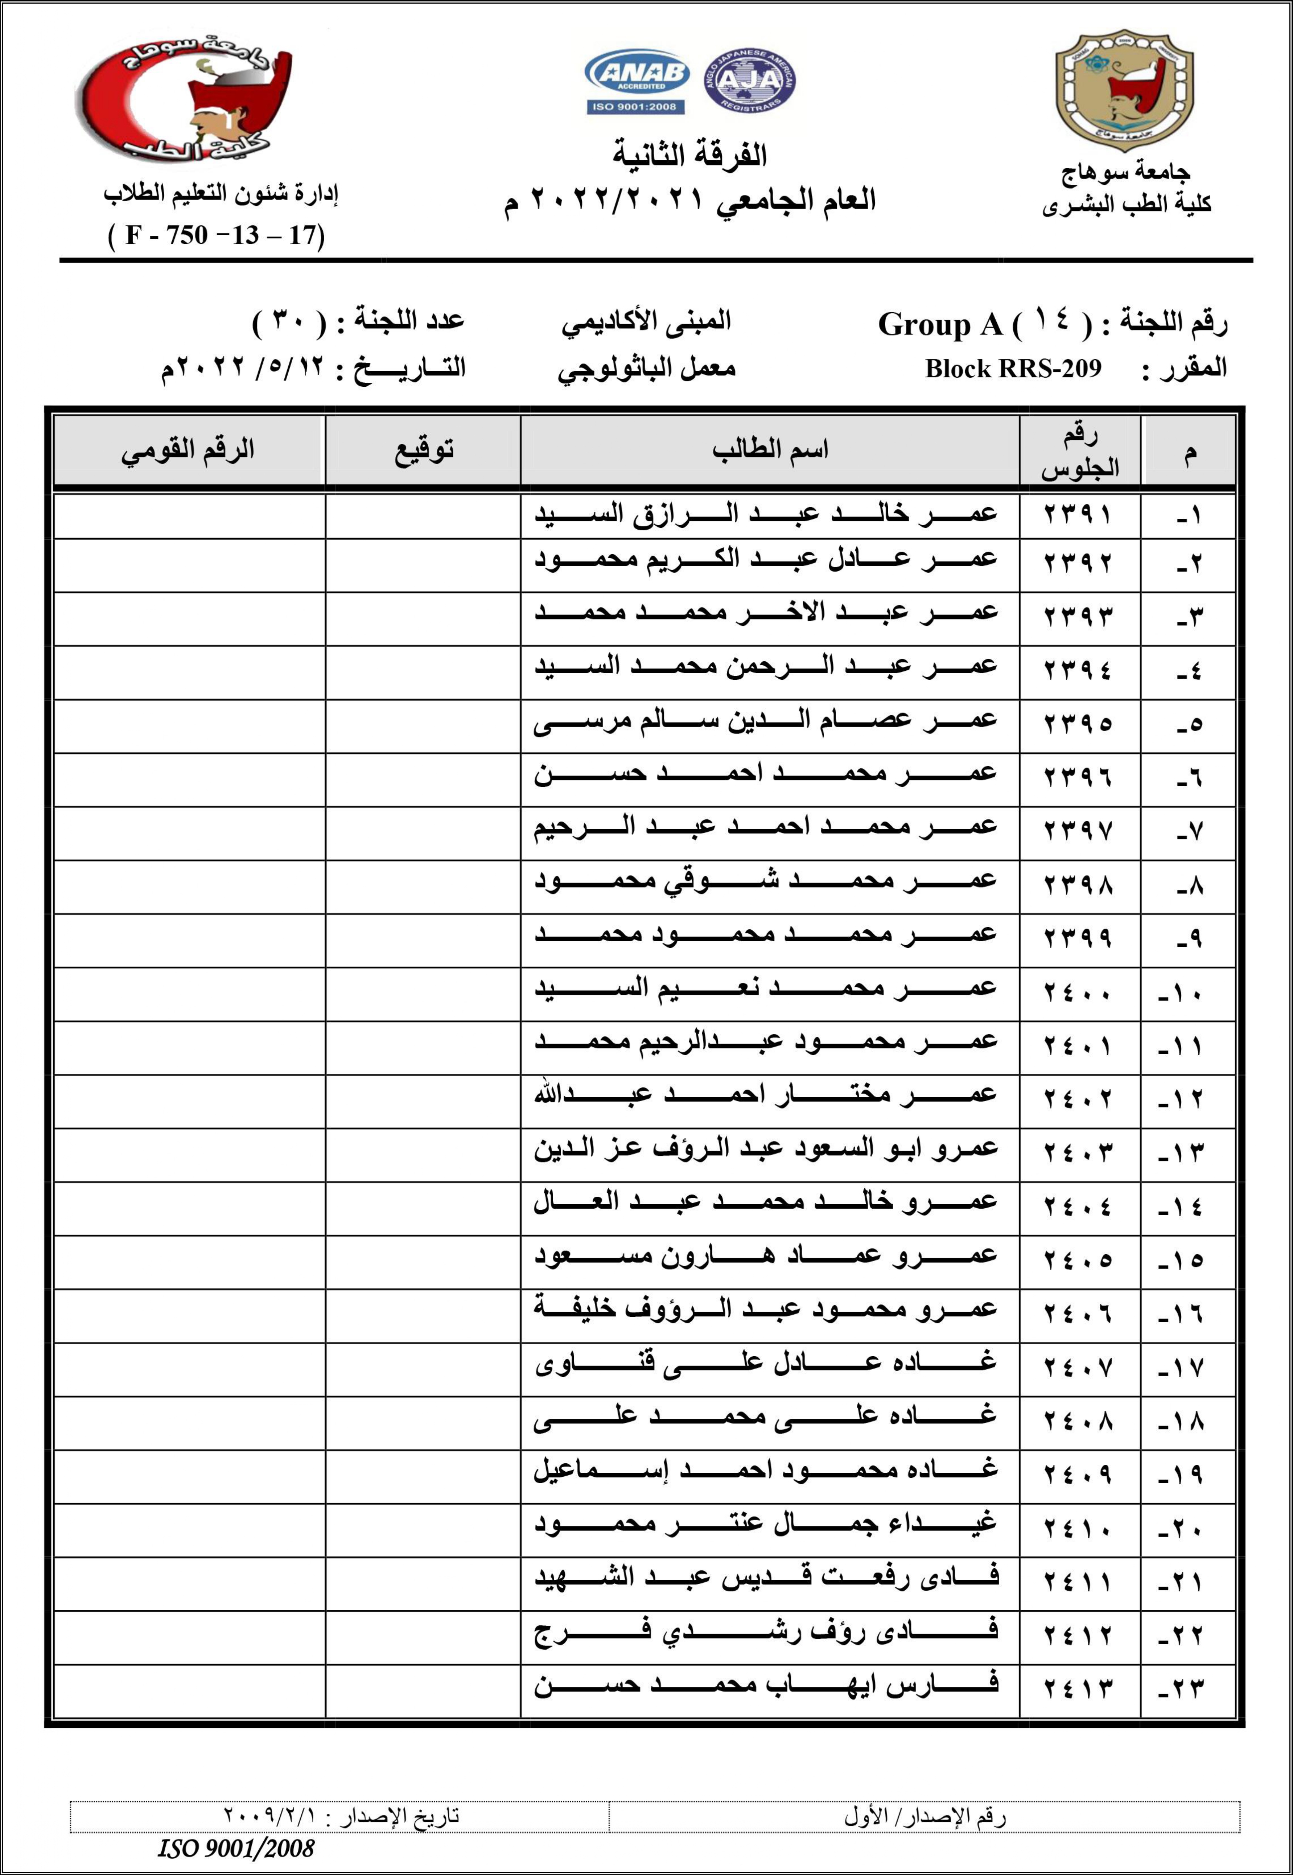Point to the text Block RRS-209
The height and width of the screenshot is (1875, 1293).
click(1013, 369)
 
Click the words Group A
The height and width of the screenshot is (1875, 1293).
click(940, 325)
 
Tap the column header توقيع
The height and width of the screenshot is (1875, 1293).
click(424, 451)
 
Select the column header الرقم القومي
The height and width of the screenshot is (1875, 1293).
click(188, 451)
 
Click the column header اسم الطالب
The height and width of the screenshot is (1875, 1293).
click(770, 451)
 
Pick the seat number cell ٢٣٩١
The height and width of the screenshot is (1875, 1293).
click(1078, 514)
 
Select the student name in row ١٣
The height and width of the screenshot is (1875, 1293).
click(766, 1149)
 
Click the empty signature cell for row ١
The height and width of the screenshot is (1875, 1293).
click(423, 514)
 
